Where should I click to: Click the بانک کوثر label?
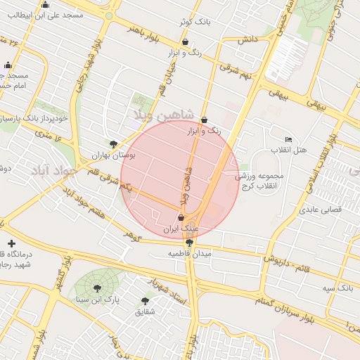click(195, 22)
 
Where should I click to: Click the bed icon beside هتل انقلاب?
click(288, 139)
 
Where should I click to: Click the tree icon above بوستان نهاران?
click(113, 143)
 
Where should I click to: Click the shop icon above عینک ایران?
click(181, 219)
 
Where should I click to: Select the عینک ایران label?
click(181, 229)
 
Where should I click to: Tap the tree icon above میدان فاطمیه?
click(189, 243)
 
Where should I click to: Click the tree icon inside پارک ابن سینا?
click(96, 288)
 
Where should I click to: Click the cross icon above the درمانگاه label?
click(10, 243)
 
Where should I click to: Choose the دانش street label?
click(245, 40)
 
